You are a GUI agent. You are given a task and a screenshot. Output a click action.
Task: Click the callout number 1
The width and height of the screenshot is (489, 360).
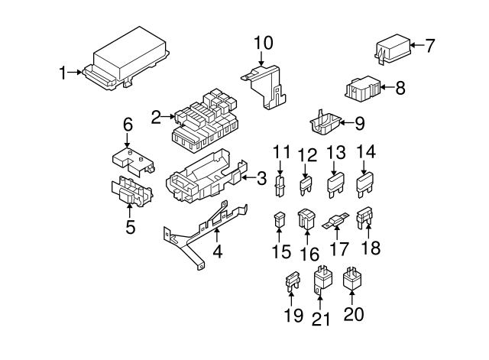(x=63, y=73)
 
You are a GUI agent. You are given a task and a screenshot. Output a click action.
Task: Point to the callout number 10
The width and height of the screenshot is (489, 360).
(x=263, y=42)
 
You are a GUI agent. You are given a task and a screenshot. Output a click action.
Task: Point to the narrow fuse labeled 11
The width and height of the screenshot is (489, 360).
(x=280, y=185)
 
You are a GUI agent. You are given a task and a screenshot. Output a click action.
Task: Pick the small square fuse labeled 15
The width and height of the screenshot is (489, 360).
(x=280, y=222)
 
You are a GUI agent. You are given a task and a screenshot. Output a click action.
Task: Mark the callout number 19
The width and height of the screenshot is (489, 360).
(x=290, y=315)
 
